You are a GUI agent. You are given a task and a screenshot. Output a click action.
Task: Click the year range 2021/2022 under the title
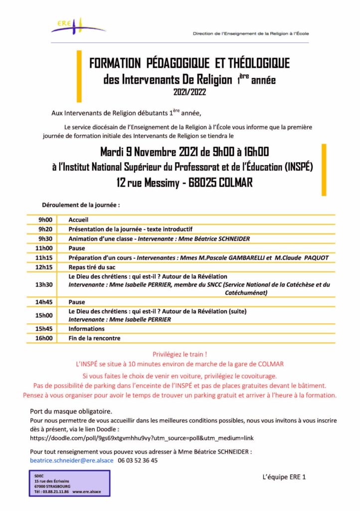(x=189, y=92)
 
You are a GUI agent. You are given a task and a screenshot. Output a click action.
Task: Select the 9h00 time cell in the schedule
(x=45, y=219)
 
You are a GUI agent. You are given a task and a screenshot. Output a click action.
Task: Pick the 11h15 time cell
(x=45, y=257)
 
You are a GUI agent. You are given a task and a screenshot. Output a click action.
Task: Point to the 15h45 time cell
(x=45, y=329)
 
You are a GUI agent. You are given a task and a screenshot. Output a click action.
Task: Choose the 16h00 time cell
(x=45, y=338)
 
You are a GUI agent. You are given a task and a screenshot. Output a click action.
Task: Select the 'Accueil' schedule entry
(x=78, y=219)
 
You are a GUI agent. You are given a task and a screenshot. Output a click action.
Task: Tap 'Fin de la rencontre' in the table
(x=95, y=338)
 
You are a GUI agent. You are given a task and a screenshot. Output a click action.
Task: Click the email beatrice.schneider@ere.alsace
(x=72, y=461)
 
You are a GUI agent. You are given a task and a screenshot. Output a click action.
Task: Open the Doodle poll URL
(x=142, y=438)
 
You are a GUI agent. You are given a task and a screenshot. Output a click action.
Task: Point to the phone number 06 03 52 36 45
(x=138, y=461)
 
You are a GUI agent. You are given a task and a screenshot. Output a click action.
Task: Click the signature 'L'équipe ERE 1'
(x=284, y=477)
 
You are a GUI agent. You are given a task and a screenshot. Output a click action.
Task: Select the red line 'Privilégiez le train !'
(x=180, y=354)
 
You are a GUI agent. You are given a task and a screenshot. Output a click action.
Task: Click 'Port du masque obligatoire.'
(x=71, y=412)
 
